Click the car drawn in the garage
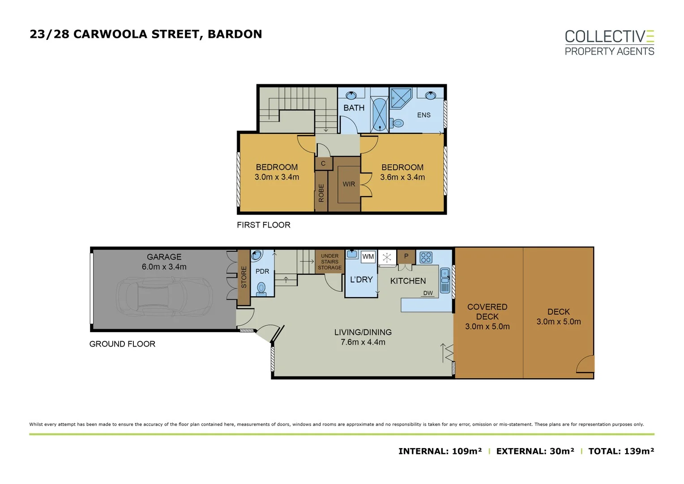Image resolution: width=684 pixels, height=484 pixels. click(x=164, y=296)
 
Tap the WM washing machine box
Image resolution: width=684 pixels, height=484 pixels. click(x=368, y=257)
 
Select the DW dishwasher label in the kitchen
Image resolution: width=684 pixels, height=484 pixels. click(x=428, y=293)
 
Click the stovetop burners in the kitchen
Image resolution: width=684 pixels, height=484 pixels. click(x=426, y=257)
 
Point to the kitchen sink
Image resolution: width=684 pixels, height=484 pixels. click(x=445, y=281)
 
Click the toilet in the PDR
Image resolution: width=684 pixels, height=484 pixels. click(x=261, y=289)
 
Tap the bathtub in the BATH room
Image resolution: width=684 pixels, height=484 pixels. click(x=380, y=114)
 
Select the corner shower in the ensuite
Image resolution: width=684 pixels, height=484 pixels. click(x=400, y=98)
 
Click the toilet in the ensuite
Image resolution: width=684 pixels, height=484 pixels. click(x=397, y=123)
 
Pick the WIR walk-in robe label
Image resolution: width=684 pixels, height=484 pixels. click(x=349, y=184)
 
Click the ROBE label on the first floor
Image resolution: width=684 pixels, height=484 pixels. click(x=321, y=193)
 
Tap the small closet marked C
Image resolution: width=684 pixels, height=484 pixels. click(x=323, y=164)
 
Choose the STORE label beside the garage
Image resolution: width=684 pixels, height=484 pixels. click(x=244, y=277)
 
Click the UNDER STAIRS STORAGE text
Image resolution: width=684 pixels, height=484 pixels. click(x=329, y=262)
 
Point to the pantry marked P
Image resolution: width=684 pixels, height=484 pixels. click(x=406, y=256)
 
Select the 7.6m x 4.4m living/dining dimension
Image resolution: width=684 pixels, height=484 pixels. click(x=363, y=342)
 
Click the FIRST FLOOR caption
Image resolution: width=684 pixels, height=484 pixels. click(x=263, y=225)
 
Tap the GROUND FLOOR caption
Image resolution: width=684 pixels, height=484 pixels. click(x=122, y=344)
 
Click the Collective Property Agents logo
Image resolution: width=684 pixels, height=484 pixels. click(x=609, y=43)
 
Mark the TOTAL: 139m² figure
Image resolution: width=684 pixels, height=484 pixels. click(x=621, y=451)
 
